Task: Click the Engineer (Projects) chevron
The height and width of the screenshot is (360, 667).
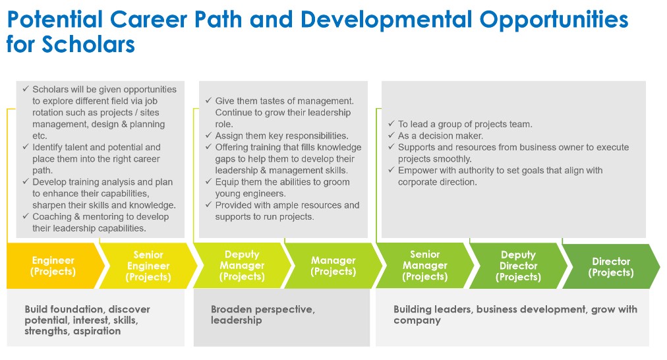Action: pos(53,266)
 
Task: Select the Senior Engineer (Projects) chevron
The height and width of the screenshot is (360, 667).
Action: pos(148,266)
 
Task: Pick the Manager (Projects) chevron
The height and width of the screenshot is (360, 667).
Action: pos(333,266)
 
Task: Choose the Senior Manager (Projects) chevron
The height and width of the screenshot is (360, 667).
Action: pos(424,266)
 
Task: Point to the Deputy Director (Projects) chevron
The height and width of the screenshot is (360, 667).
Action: pos(518,266)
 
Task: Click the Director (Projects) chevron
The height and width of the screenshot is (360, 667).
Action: pos(610,266)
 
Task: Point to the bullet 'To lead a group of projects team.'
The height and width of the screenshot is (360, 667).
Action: pos(465,124)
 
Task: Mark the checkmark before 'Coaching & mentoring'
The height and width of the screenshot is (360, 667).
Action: pos(25,217)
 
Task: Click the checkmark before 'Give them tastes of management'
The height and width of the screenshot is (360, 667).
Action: pos(208,101)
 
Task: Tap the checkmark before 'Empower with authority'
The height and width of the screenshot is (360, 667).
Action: pos(391,171)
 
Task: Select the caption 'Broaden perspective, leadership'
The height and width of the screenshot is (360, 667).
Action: pos(262,315)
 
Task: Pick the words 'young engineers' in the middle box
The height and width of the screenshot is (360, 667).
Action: pos(249,193)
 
